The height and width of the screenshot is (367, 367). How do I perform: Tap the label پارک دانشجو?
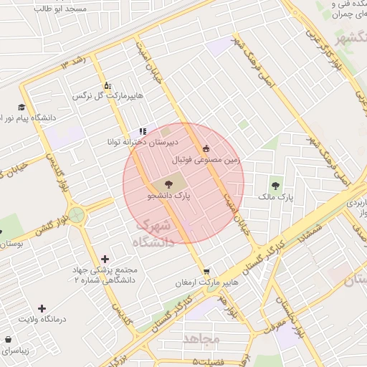(x=169, y=195)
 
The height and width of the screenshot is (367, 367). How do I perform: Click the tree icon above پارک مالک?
(x=276, y=184)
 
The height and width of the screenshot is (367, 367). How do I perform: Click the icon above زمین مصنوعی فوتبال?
(x=207, y=148)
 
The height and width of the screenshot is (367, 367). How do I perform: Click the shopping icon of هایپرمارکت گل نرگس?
(x=108, y=85)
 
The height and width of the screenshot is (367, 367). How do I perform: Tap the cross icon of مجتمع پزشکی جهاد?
(x=105, y=258)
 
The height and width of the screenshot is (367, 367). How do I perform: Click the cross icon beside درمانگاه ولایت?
(x=42, y=308)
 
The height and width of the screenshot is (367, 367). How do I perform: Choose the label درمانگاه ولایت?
(x=42, y=319)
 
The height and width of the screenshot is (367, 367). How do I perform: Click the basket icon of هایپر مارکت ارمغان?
(x=206, y=272)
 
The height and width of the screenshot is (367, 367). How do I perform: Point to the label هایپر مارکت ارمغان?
(x=206, y=283)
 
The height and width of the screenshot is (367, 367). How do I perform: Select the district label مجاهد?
(x=203, y=337)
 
